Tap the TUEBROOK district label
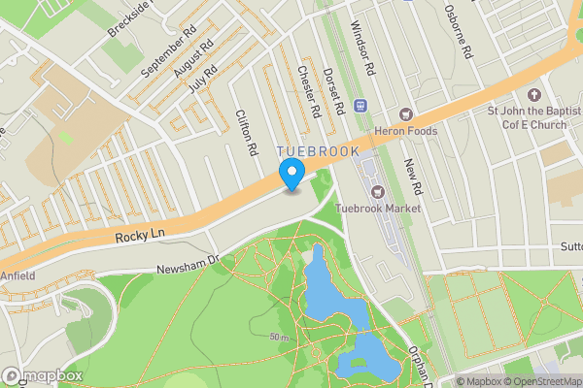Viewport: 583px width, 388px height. pos(318,152)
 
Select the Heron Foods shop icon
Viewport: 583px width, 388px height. pos(406,114)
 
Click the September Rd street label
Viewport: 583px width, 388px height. pos(161,52)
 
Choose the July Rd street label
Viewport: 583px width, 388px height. pos(203,78)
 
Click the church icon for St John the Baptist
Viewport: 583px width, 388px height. pos(532,95)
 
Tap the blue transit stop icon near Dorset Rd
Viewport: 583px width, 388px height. pos(361,105)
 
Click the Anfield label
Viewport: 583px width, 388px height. pos(17,275)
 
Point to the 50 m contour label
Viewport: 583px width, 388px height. pos(280,337)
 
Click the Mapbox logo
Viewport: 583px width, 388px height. pos(42,375)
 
